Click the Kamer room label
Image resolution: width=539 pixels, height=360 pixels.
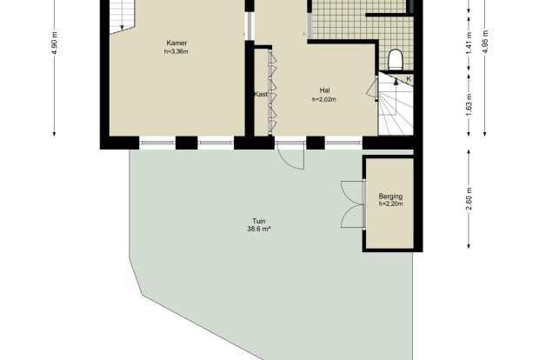tap(176, 43)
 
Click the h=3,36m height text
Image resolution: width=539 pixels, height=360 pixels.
tap(176, 52)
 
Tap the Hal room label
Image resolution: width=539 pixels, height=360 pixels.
tap(324, 90)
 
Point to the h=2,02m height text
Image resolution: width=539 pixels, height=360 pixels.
tap(324, 100)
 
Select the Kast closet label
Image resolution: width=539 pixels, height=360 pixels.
tap(261, 94)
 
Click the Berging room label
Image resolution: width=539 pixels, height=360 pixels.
tap(390, 197)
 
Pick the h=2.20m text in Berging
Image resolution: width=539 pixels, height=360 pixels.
tap(390, 203)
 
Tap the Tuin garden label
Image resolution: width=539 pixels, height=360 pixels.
tap(259, 221)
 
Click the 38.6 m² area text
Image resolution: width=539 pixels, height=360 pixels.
tap(259, 229)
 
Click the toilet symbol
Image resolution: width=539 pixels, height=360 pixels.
tap(395, 59)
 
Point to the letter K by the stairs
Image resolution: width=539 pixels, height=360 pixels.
tap(409, 79)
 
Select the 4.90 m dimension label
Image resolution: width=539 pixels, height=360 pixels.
tap(55, 43)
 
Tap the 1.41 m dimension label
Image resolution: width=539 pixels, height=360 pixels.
tap(469, 43)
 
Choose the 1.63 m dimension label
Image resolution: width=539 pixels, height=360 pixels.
tap(469, 104)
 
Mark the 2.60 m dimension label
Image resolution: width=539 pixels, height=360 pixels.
tap(469, 199)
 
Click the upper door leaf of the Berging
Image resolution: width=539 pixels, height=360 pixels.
tap(351, 192)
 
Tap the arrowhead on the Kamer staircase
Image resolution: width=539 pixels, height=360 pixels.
tap(122, 28)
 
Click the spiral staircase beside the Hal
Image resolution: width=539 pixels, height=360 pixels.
tap(396, 104)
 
